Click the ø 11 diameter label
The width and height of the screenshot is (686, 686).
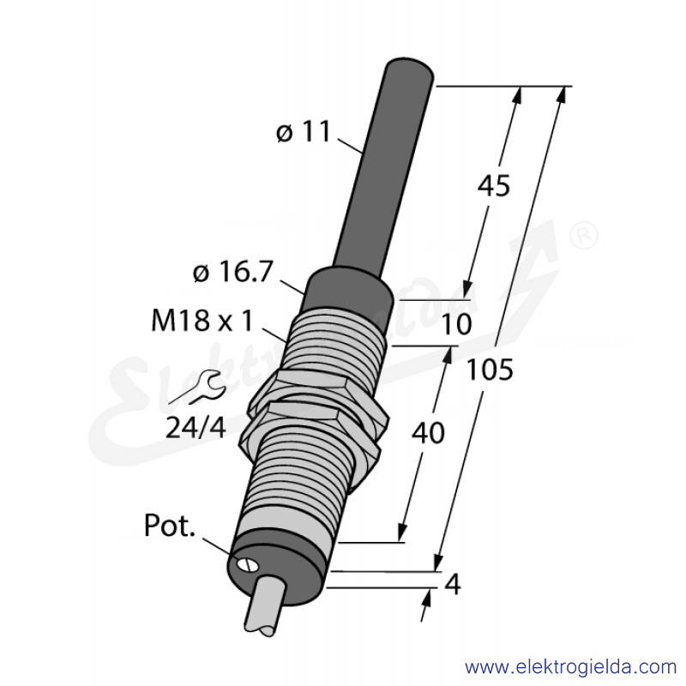pos(304,131)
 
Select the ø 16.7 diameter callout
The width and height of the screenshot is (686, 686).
pos(232,272)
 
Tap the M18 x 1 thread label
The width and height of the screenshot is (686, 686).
pos(202,320)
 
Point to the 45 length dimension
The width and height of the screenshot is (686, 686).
pos(494,185)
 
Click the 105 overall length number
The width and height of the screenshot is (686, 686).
pos(490,370)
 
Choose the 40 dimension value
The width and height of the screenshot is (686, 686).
pos(428,433)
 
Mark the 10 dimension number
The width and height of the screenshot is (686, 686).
pos(456,324)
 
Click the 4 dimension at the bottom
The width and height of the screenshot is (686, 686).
pos(453,584)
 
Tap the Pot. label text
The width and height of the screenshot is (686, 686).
pos(169,525)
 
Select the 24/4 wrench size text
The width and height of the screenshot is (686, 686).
pos(196,427)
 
